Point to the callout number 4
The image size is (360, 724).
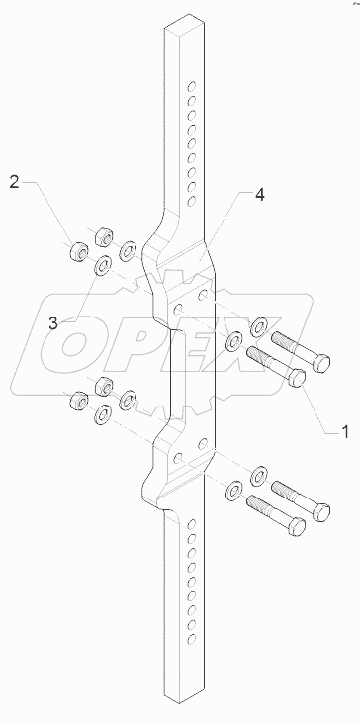click(x=259, y=195)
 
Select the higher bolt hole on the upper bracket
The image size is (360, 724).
click(x=202, y=294)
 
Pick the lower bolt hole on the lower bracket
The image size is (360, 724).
click(x=179, y=459)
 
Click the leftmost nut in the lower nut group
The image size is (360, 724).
click(x=76, y=401)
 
